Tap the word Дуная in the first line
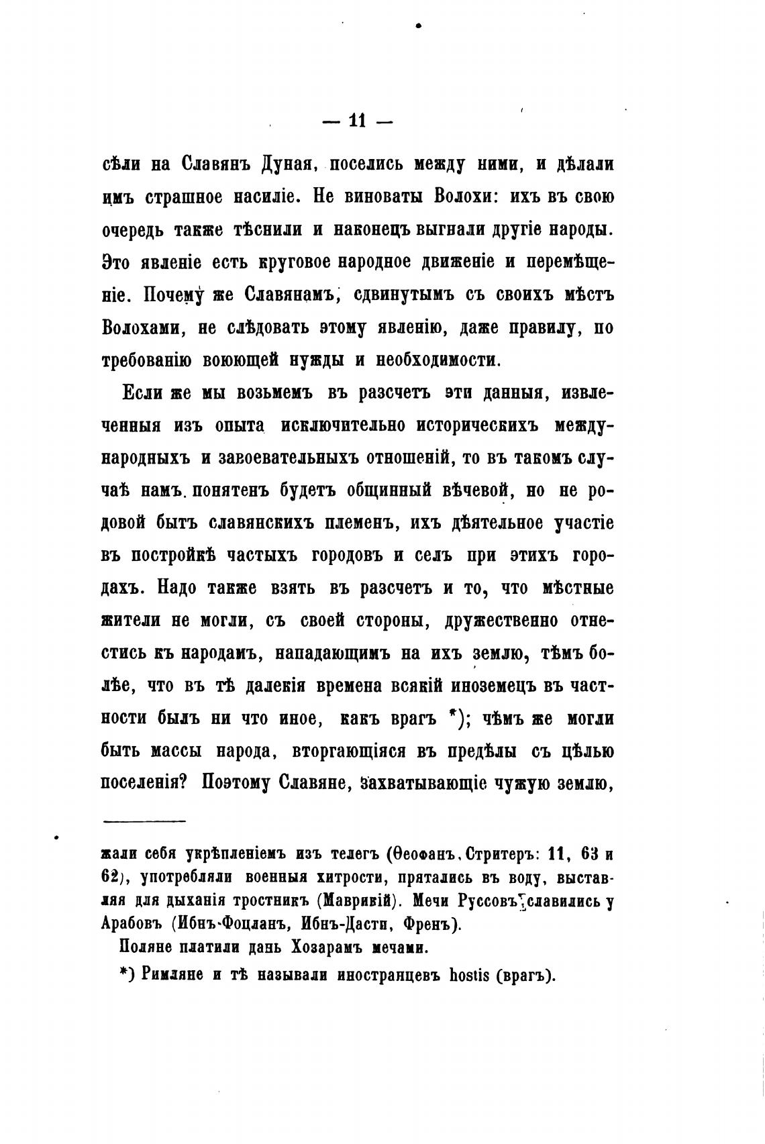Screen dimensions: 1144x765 tap(272, 165)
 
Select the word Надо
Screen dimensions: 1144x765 tap(177, 588)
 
